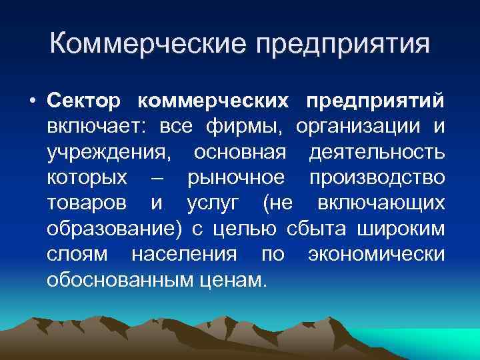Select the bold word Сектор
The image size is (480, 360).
[84, 101]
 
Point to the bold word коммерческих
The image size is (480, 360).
[213, 101]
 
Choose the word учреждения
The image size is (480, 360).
[107, 153]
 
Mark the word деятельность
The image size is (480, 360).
[377, 153]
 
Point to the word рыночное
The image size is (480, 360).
[237, 178]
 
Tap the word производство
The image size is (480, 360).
[377, 178]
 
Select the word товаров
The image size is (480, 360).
[90, 203]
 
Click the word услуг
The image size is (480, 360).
[215, 203]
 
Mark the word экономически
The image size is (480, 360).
[377, 254]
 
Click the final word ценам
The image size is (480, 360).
[233, 279]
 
